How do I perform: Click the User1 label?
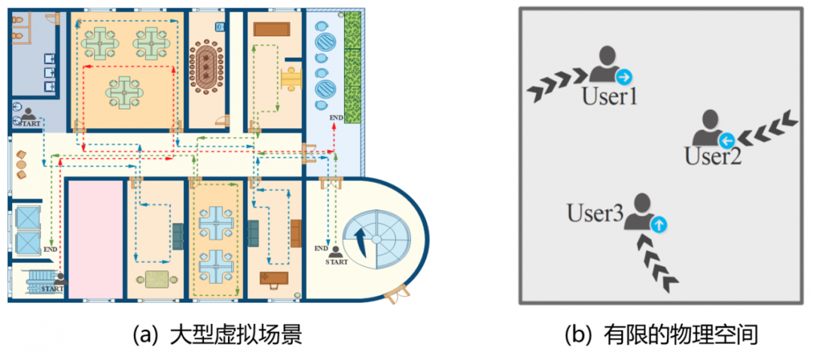tap(609, 96)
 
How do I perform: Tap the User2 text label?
tap(713, 156)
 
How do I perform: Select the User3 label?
tap(595, 214)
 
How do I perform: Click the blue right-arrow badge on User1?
tap(623, 77)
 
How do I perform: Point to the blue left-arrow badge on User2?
tap(726, 139)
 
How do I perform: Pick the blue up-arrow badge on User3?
tap(659, 223)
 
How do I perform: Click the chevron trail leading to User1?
tap(557, 84)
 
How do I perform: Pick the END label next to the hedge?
tap(336, 117)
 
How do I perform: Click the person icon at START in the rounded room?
tap(336, 253)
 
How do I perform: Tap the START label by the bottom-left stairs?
tap(52, 288)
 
